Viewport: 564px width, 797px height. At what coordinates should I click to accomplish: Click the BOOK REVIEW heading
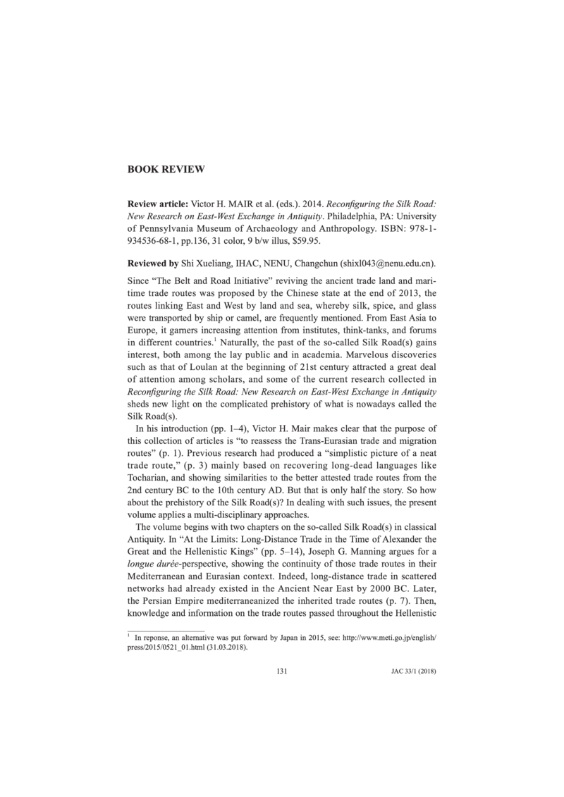[x=166, y=169]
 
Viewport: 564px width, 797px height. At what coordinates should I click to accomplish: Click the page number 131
[x=282, y=670]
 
